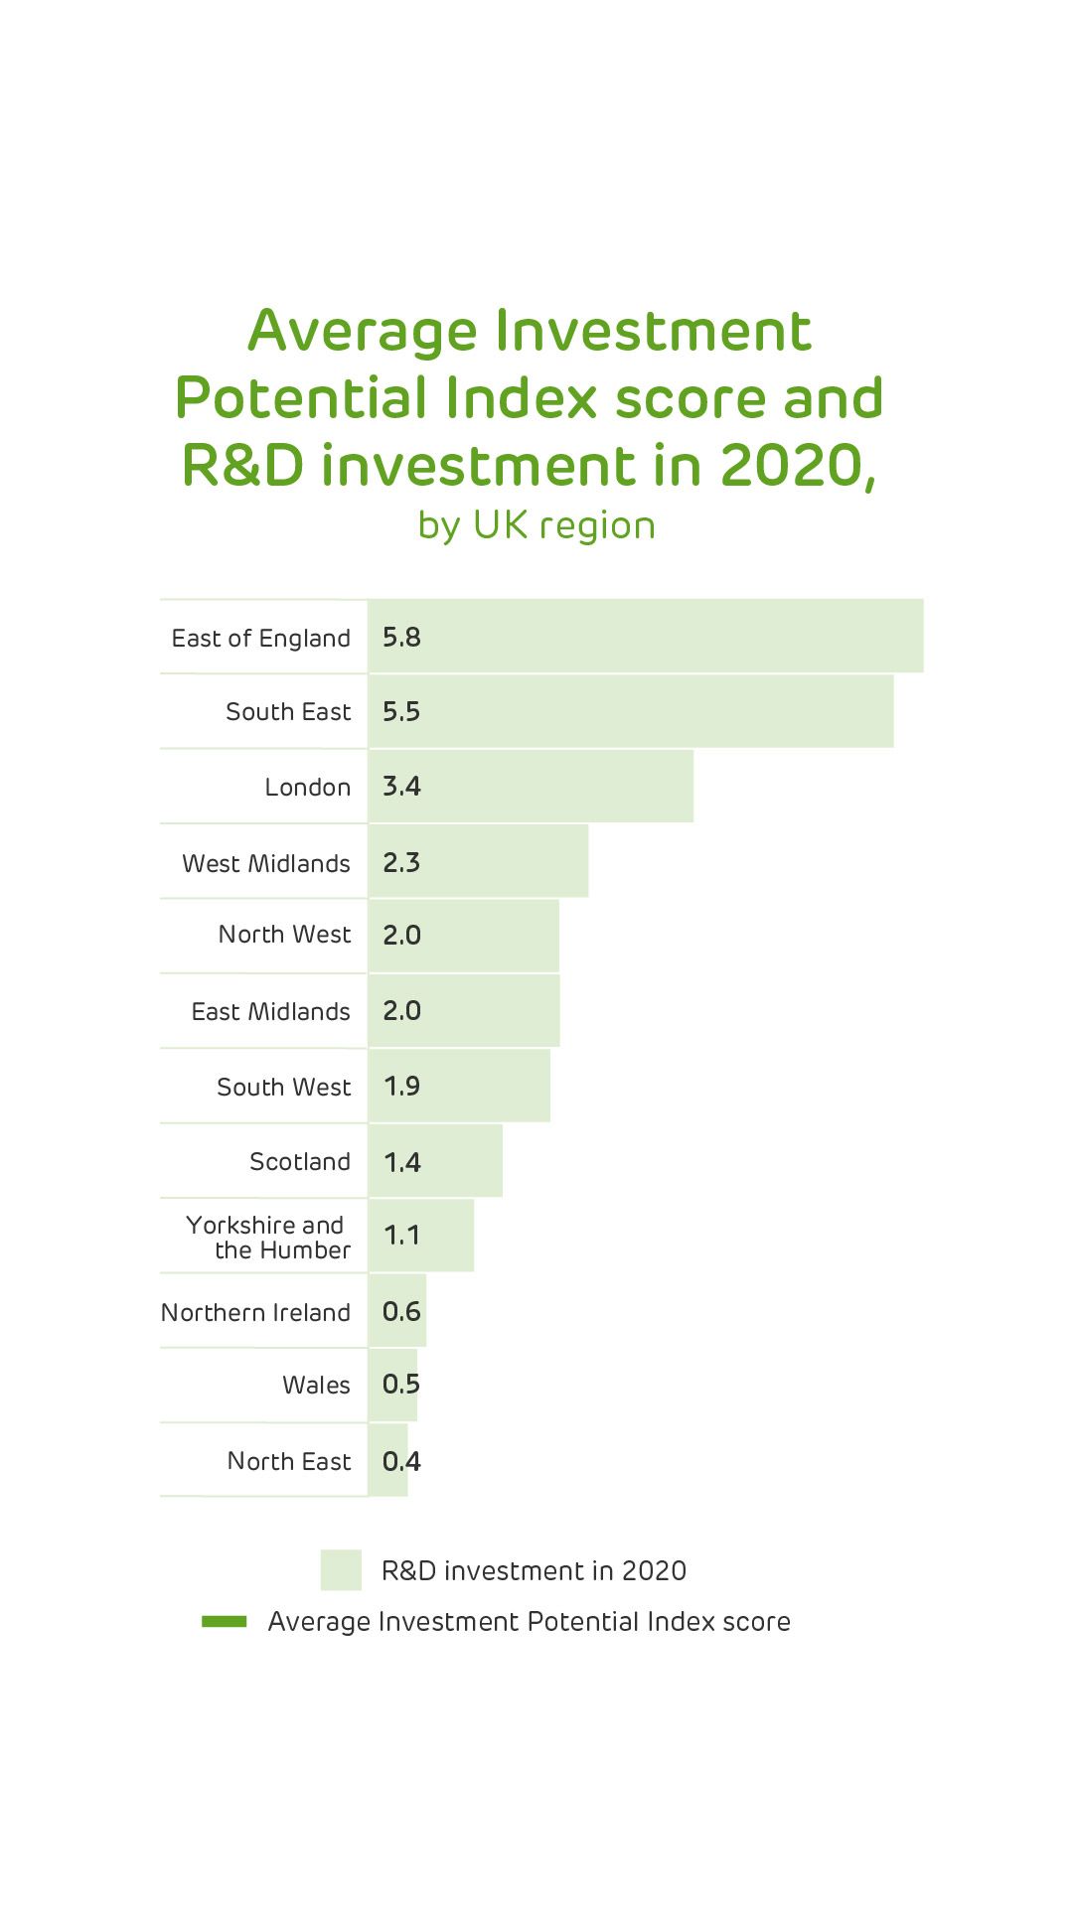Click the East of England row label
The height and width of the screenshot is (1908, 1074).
[x=260, y=638]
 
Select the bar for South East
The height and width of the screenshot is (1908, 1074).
[x=630, y=711]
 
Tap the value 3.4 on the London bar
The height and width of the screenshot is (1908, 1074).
[x=401, y=787]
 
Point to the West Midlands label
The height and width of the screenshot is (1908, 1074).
[x=265, y=863]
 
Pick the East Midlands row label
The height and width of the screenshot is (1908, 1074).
[x=270, y=1011]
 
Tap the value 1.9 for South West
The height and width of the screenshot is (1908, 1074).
[x=401, y=1086]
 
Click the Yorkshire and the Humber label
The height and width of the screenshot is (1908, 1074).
[x=268, y=1237]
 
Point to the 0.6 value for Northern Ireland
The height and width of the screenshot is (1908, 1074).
[x=401, y=1311]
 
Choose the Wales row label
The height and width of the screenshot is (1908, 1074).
[x=316, y=1385]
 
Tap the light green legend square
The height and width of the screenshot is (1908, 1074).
[x=341, y=1570]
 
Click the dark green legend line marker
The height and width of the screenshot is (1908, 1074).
[x=225, y=1622]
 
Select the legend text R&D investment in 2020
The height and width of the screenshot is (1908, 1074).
[x=534, y=1570]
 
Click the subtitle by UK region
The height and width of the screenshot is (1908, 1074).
[x=537, y=525]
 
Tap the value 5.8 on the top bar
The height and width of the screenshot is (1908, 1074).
[x=401, y=638]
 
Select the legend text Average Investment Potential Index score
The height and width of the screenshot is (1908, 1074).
[x=529, y=1622]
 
